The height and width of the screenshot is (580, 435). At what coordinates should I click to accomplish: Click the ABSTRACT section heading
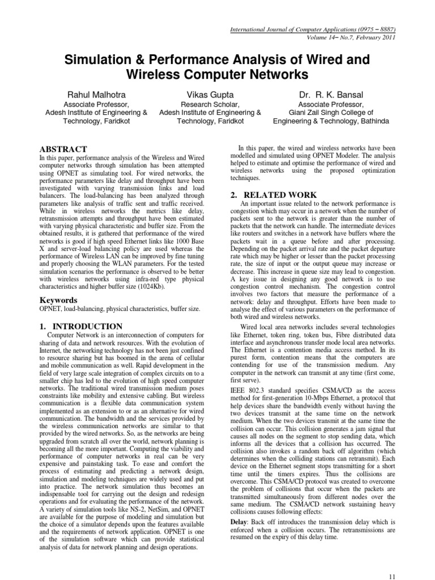click(63, 148)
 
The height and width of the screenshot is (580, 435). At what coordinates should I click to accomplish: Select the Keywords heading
click(59, 299)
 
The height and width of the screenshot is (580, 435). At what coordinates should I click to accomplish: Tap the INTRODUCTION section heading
click(87, 326)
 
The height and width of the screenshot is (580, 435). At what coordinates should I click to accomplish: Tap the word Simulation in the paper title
click(100, 59)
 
